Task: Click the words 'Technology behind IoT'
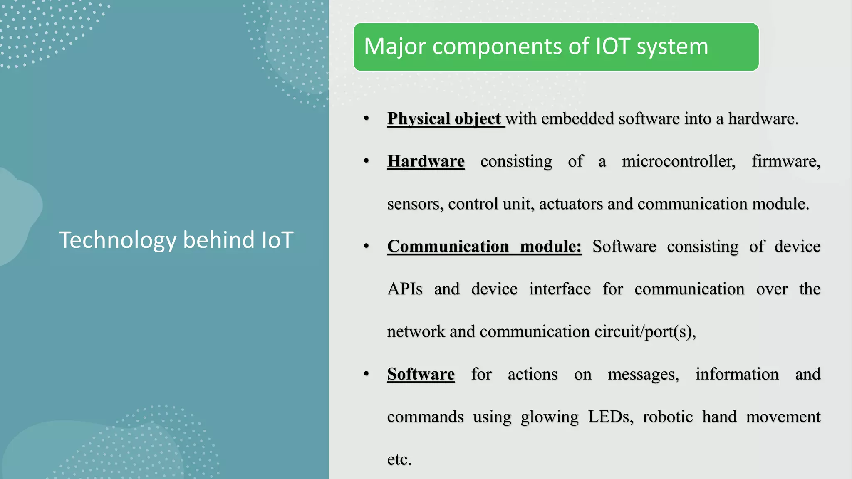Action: pyautogui.click(x=176, y=240)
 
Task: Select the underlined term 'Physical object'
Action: pyautogui.click(x=444, y=119)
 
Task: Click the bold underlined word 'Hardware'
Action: pyautogui.click(x=426, y=161)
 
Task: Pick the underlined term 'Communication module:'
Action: pyautogui.click(x=484, y=247)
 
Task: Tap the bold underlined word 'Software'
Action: pyautogui.click(x=421, y=374)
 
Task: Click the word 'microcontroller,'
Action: pyautogui.click(x=679, y=161)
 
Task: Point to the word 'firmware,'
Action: pyautogui.click(x=786, y=161)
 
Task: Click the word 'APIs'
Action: pyautogui.click(x=405, y=289)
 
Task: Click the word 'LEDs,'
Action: pyautogui.click(x=610, y=417)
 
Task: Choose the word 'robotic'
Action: pyautogui.click(x=667, y=417)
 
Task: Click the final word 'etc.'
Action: pyautogui.click(x=399, y=459)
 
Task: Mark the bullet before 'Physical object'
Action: pyautogui.click(x=366, y=119)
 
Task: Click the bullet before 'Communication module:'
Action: pyautogui.click(x=366, y=247)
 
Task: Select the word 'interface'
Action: pyautogui.click(x=560, y=289)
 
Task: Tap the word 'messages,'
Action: pyautogui.click(x=643, y=374)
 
